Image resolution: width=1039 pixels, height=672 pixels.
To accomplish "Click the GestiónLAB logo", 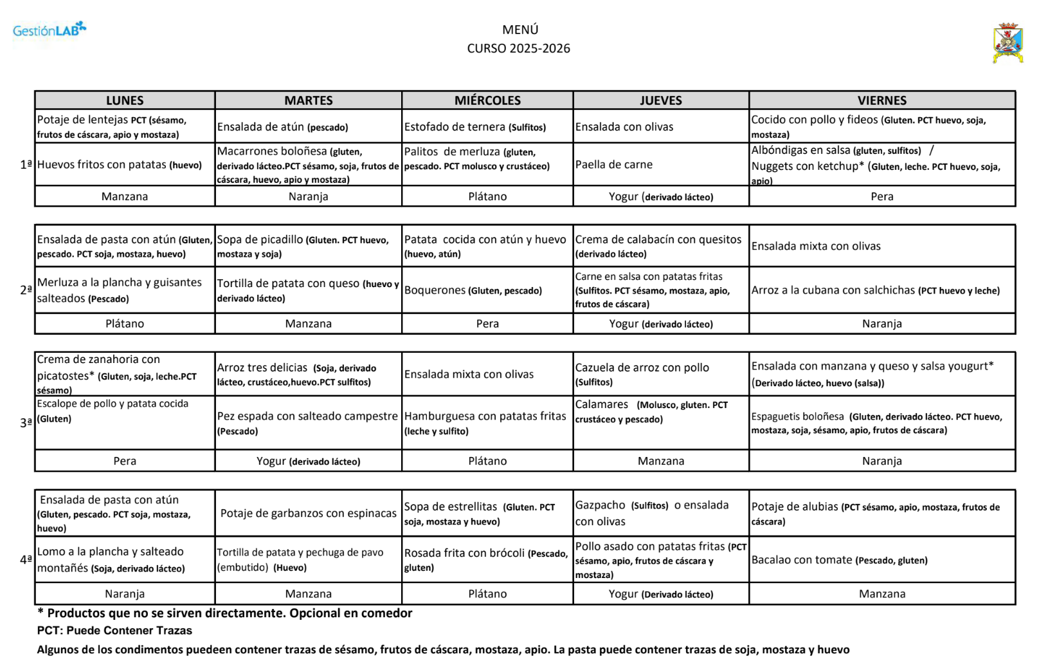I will [x=49, y=30].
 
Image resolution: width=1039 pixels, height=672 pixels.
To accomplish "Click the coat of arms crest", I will [x=1007, y=42].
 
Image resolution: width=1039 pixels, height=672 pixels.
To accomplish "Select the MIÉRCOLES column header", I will [x=487, y=100].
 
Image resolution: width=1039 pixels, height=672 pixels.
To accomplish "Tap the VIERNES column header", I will [x=881, y=100].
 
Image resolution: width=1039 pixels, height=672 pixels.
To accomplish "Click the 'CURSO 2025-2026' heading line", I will [x=518, y=48].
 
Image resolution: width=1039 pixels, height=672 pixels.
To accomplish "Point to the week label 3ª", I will [x=26, y=423].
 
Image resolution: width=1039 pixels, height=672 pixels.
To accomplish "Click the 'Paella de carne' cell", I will [x=613, y=165].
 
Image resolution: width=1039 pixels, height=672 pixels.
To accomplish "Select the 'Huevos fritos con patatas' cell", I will [x=120, y=165].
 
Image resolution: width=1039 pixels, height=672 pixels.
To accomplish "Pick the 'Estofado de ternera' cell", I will [x=474, y=127].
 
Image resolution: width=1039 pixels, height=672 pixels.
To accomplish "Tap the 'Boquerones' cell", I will [x=473, y=290].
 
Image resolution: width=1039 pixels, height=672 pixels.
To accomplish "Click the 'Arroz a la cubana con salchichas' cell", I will [x=875, y=290].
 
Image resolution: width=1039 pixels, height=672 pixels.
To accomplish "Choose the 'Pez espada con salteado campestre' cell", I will [x=307, y=423].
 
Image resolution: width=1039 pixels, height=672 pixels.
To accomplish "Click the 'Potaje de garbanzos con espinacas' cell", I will [x=308, y=513].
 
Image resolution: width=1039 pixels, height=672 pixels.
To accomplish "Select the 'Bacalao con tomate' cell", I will [x=839, y=560].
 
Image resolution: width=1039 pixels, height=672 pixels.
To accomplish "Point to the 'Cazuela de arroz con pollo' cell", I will [x=642, y=374].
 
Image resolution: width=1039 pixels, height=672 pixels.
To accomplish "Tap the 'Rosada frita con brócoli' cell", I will [x=485, y=559].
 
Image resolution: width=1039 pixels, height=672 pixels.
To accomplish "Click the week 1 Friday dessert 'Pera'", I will [x=881, y=196].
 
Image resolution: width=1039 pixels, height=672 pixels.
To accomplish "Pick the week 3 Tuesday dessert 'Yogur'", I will [x=308, y=461].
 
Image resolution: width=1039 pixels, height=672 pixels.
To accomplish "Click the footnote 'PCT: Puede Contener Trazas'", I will [x=114, y=631].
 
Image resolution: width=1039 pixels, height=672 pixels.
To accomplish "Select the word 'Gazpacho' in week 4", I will [x=600, y=505].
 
